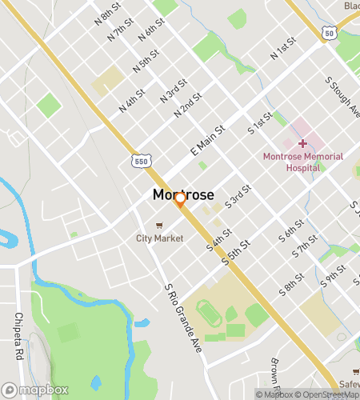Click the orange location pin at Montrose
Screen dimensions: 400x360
(x=181, y=199)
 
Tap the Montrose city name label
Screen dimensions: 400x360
(x=183, y=194)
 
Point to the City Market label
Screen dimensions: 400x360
(x=159, y=238)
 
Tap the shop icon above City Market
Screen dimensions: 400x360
(x=159, y=225)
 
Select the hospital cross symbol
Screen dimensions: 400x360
(x=302, y=142)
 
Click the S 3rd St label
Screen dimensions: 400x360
(x=238, y=197)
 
